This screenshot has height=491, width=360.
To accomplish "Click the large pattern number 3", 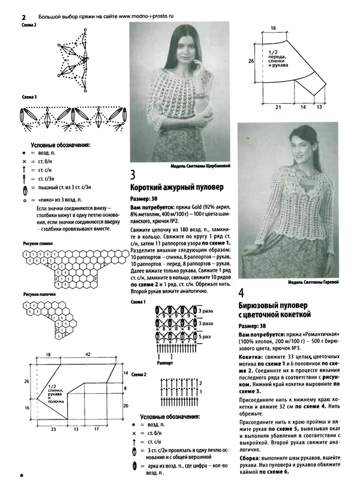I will tap(134, 175).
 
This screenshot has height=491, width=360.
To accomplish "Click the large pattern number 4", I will tap(241, 294).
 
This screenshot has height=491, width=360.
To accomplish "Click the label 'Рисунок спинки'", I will tap(38, 244).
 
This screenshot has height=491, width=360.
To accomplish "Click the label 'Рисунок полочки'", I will tap(39, 295).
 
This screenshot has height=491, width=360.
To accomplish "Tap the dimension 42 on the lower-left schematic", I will tap(88, 355).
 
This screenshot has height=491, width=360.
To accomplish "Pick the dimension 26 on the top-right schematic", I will tap(252, 61).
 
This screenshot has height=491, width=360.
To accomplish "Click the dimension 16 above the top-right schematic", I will tap(272, 28).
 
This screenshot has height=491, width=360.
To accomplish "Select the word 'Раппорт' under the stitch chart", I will tap(164, 363).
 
